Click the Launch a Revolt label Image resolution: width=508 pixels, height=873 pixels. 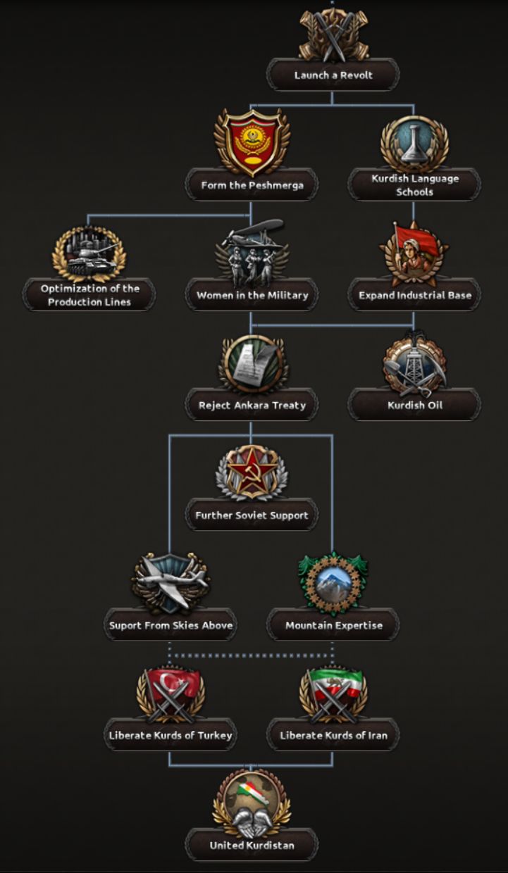coord(333,75)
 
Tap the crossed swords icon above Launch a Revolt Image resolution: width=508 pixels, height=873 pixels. coord(333,35)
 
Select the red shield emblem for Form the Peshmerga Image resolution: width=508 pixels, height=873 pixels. coord(252,142)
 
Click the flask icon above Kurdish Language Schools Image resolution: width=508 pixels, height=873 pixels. coord(414,144)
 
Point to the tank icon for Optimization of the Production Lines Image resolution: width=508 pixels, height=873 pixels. coord(89,253)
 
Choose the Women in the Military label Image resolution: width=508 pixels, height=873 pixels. coord(252,295)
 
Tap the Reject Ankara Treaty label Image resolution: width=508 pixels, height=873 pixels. coord(252,406)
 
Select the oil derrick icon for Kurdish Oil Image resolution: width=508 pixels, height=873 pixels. coord(414,363)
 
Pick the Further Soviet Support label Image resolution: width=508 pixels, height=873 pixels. coord(252,515)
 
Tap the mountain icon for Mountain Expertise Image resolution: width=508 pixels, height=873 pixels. coord(333,582)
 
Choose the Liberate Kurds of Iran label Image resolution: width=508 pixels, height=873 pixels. coord(333,736)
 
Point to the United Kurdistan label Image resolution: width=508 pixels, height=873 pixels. coord(252,846)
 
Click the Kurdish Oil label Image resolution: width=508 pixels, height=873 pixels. coord(415,406)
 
